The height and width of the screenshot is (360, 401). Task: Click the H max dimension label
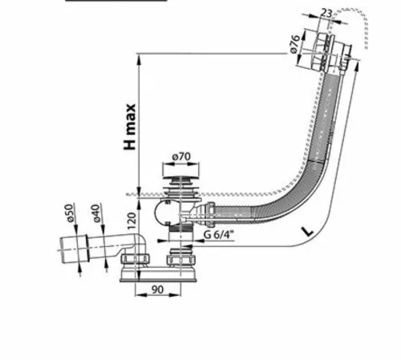(130, 127)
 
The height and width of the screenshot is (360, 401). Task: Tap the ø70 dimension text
(181, 156)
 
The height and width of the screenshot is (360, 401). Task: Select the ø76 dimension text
(295, 44)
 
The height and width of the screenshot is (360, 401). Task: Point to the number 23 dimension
(326, 13)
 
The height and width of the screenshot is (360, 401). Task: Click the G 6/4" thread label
(219, 235)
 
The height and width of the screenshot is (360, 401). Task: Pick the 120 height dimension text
(132, 221)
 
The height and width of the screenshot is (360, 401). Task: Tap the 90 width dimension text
(157, 289)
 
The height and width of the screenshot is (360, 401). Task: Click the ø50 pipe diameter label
(70, 213)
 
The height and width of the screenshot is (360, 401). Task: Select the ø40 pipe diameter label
(96, 213)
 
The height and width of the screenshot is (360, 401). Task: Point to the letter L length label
(307, 232)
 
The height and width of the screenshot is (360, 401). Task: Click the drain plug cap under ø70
(181, 176)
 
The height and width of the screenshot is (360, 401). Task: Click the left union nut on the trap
(136, 259)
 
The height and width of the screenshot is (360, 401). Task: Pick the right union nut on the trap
(181, 259)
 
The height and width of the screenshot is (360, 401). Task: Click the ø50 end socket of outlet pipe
(75, 249)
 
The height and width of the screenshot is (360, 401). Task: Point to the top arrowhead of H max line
(139, 59)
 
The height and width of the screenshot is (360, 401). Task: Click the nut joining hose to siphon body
(210, 210)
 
